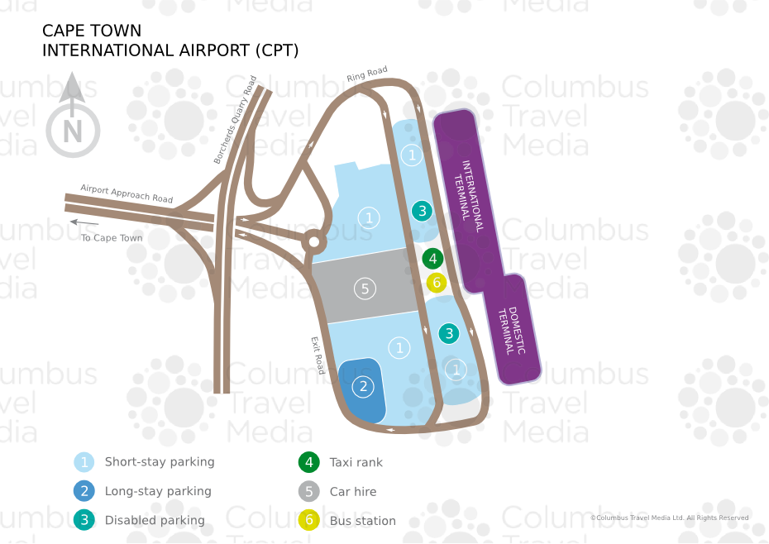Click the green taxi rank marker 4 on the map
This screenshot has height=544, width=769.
coord(432,259)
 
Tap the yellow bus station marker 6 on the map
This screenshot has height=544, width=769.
coord(437,283)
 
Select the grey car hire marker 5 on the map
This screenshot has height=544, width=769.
coord(365,289)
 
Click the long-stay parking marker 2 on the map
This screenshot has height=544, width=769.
coord(363,387)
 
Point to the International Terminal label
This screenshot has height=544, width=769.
coord(469,196)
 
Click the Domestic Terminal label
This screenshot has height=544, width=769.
coord(512,331)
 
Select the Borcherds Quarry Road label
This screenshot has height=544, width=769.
coord(236,120)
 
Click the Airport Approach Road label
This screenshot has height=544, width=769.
coord(127,193)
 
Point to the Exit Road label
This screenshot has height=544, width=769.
coord(318,356)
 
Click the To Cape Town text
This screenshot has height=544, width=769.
coord(112,238)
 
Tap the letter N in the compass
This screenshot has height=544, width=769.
coord(73,131)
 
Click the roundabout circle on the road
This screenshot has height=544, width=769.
coord(314,242)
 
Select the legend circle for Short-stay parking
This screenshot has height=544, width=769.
coord(84,462)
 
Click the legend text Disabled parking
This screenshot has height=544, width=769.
coord(155,521)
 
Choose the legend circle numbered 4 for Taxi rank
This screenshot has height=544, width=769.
coord(309,462)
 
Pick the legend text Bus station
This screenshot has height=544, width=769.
coord(362,521)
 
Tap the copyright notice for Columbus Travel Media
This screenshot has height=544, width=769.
coord(670,518)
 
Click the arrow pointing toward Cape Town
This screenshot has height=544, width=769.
coord(84,222)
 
